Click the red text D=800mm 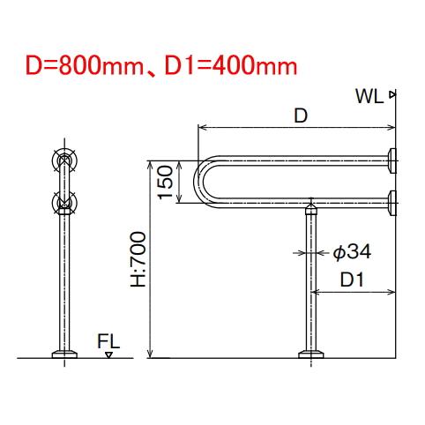click(x=85, y=65)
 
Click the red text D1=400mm click(x=231, y=65)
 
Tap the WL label click(x=369, y=96)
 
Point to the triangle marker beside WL click(x=391, y=94)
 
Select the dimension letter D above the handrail click(x=301, y=116)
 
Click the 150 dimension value click(x=165, y=183)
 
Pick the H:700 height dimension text click(x=138, y=259)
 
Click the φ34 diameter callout click(x=352, y=252)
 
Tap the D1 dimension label click(x=352, y=280)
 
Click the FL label click(x=108, y=341)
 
